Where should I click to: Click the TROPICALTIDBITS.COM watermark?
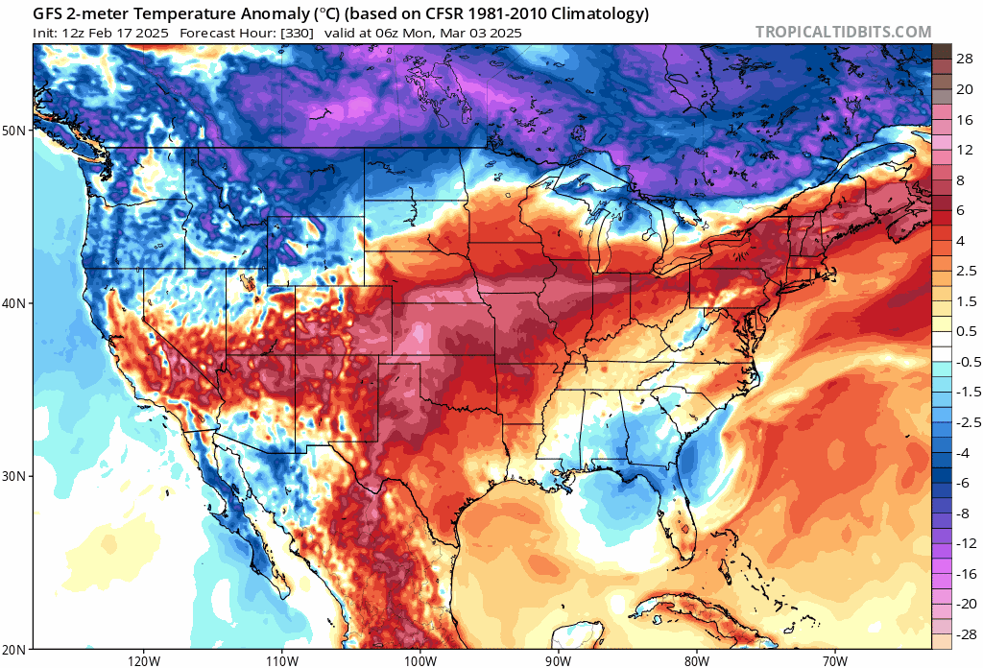point(843,33)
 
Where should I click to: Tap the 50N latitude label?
point(16,130)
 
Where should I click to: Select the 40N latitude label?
point(16,303)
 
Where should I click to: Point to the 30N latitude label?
point(16,477)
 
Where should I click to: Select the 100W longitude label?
point(420,660)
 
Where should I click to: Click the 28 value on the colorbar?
point(965,59)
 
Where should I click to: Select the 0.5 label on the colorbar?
point(965,331)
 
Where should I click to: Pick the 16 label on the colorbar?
point(965,119)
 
